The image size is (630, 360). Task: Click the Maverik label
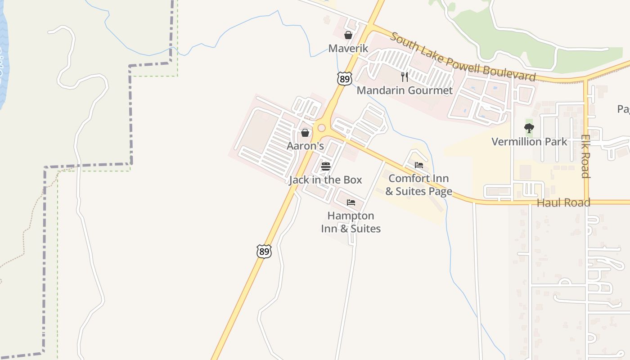(348, 48)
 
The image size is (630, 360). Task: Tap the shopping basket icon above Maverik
(348, 35)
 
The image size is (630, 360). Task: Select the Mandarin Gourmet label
(405, 90)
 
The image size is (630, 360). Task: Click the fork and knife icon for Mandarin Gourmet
(405, 77)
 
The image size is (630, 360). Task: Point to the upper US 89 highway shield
(344, 79)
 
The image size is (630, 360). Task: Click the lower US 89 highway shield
(264, 252)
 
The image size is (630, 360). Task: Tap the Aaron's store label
(305, 146)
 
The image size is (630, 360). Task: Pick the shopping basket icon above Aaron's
(305, 133)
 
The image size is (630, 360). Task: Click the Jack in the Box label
(325, 180)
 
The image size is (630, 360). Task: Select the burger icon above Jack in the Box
(326, 166)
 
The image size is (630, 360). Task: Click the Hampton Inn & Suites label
(351, 222)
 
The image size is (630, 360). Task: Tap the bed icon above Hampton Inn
(351, 202)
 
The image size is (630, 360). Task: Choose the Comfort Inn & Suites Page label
(418, 185)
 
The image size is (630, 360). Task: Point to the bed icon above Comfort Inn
(419, 165)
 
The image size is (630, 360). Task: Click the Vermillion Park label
(529, 142)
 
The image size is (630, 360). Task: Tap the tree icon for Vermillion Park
(529, 128)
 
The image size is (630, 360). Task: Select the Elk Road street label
(585, 156)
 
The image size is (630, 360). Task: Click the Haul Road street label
(563, 202)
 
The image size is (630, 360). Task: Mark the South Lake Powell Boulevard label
(463, 57)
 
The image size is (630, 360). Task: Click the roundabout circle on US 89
(321, 128)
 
